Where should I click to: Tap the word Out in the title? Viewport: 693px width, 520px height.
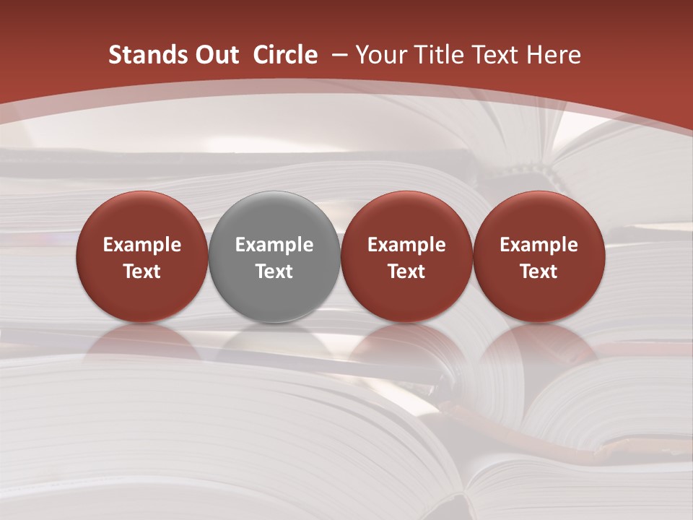tap(216, 55)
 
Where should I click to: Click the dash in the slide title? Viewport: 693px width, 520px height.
tap(339, 55)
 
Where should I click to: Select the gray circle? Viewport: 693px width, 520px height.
tap(274, 256)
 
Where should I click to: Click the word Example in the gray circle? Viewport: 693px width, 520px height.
tap(274, 245)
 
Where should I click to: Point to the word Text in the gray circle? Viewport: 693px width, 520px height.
tap(274, 272)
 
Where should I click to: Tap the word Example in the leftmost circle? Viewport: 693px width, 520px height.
tap(142, 245)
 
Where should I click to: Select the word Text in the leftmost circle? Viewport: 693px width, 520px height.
tap(142, 272)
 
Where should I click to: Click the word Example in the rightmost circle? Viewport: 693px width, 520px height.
tap(539, 245)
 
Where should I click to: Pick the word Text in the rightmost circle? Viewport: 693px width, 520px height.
tap(539, 272)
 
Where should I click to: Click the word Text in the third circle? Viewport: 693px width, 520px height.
tap(406, 272)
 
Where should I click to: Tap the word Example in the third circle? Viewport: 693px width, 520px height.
tap(406, 245)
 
